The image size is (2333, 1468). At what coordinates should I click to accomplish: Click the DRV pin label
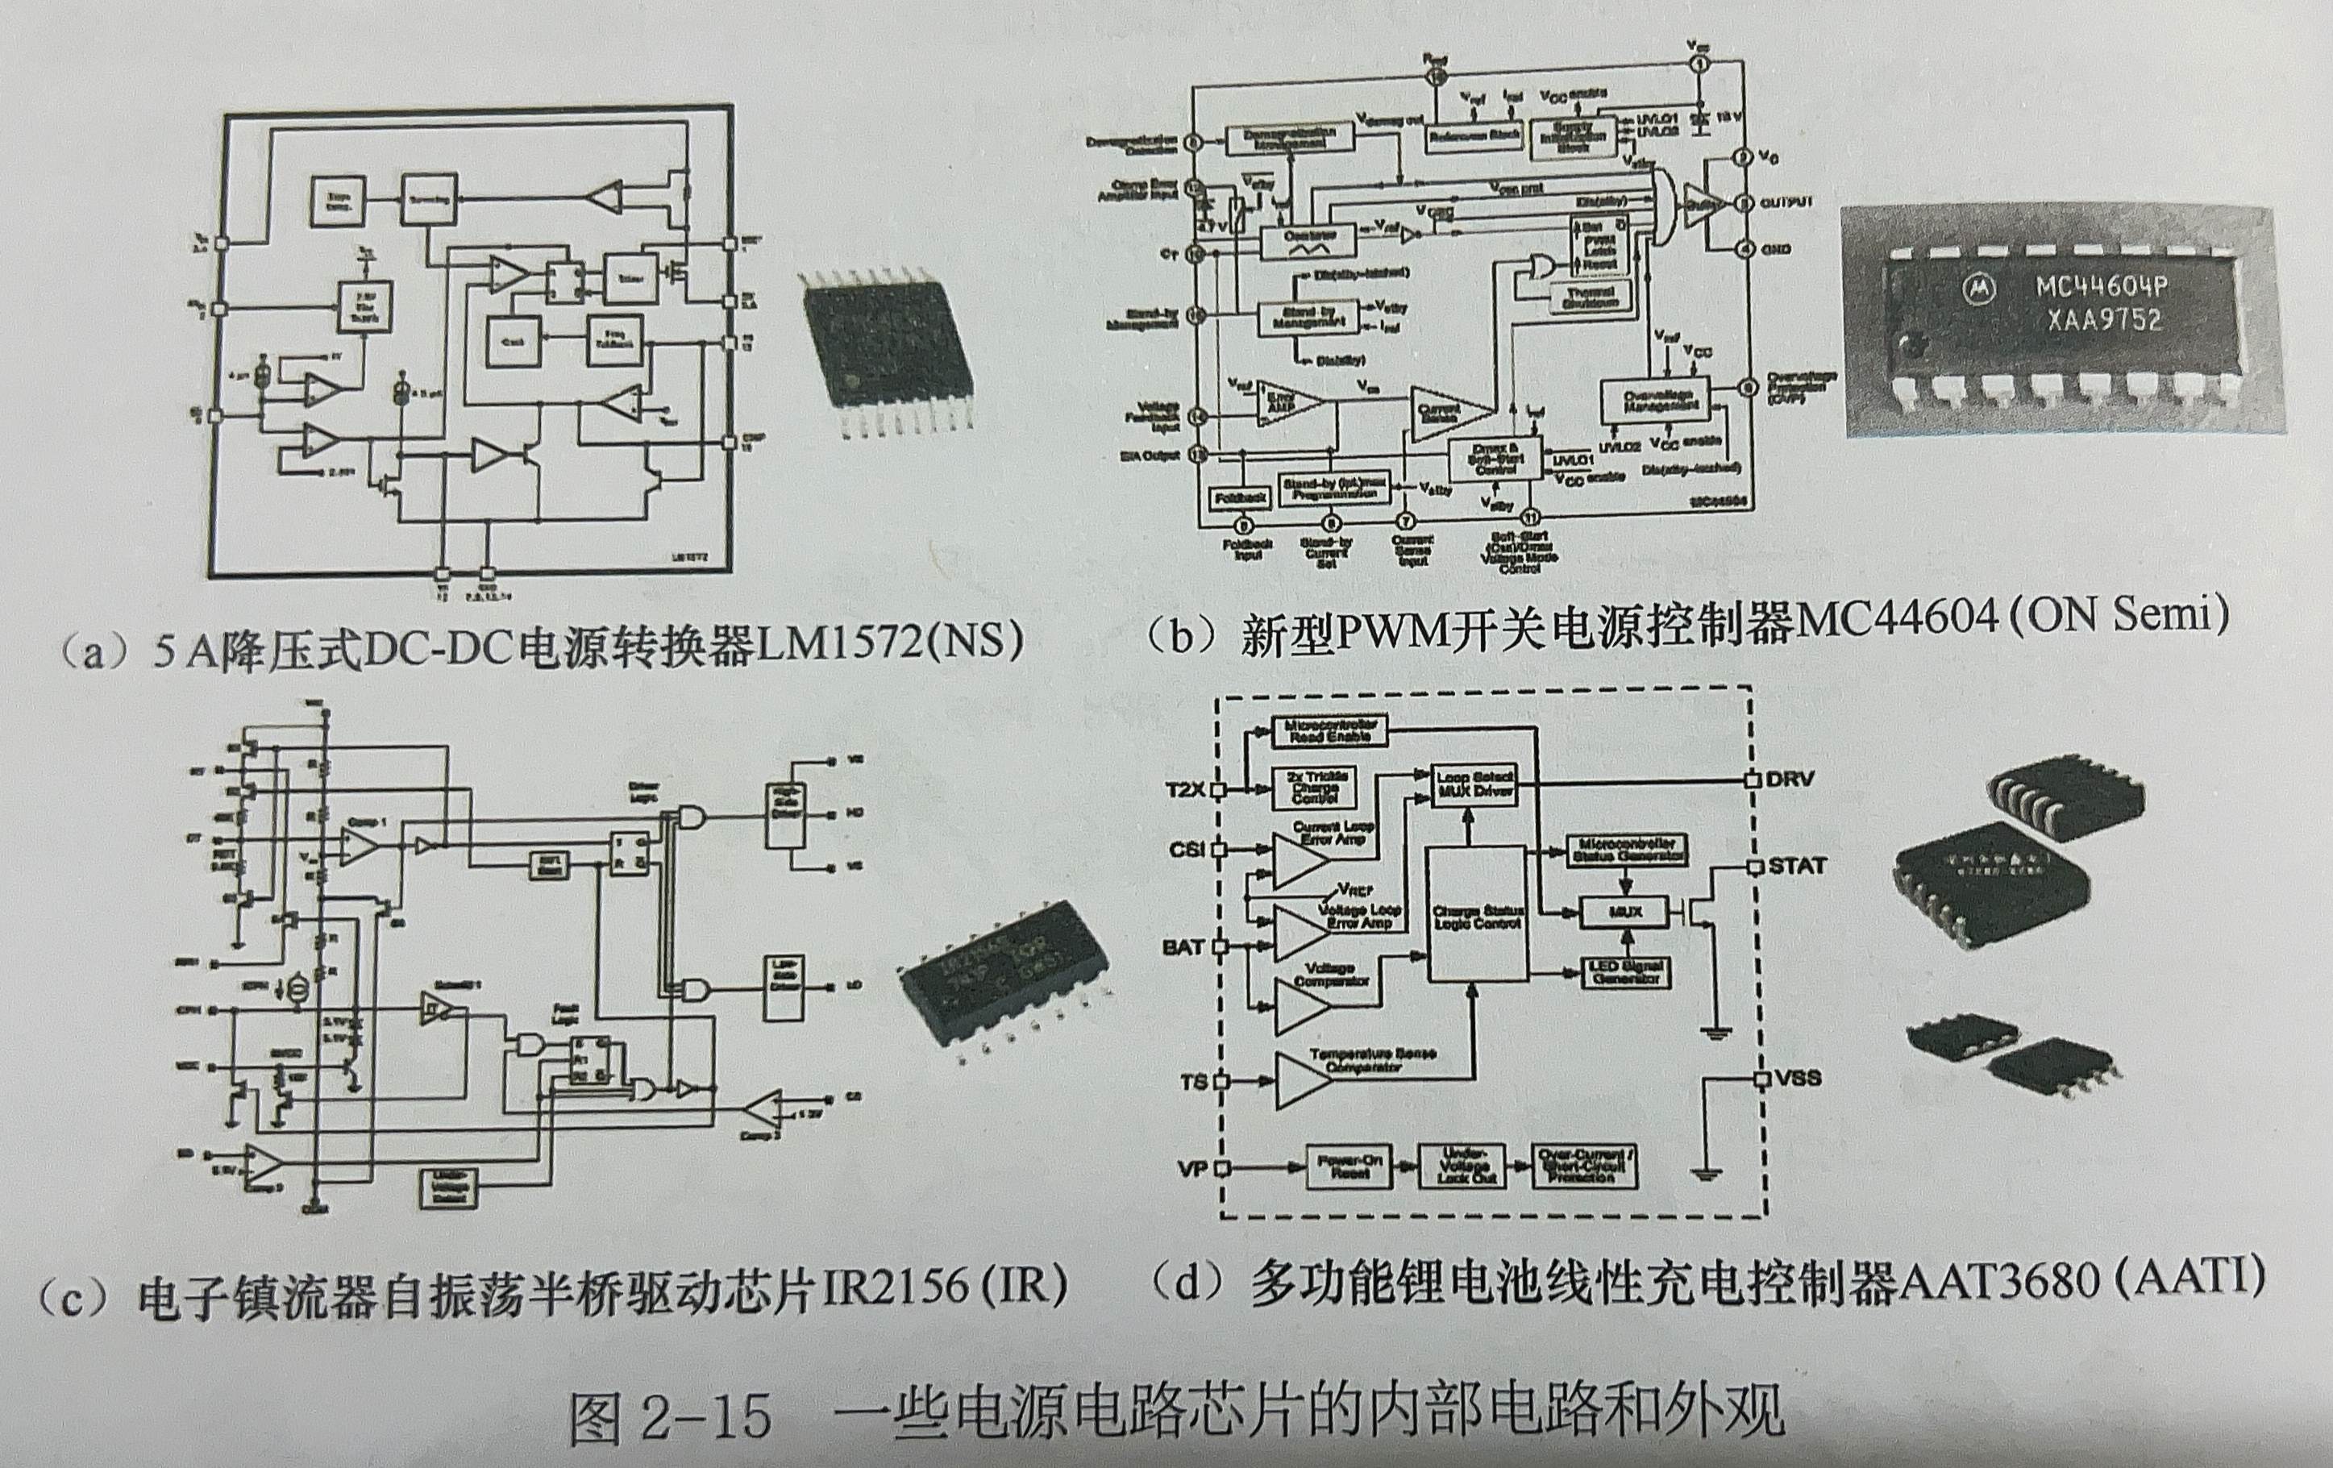(x=1790, y=779)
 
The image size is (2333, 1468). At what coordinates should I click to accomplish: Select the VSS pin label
(x=1799, y=1078)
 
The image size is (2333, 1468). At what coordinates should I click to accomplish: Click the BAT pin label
(x=1182, y=946)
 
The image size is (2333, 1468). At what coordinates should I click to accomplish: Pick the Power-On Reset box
(x=1349, y=1166)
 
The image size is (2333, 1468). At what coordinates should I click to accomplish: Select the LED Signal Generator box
(x=1624, y=972)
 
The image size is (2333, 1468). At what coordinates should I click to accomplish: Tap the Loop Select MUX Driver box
(x=1474, y=785)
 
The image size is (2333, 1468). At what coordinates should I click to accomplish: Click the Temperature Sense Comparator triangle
(x=1302, y=1079)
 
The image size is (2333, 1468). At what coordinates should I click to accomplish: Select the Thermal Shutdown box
(x=1590, y=297)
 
